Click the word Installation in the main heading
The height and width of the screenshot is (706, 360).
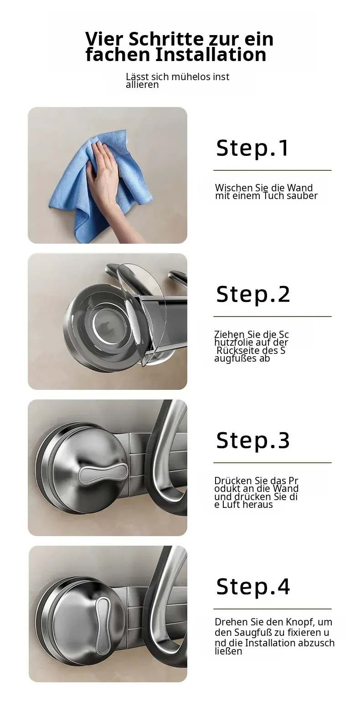[x=211, y=55]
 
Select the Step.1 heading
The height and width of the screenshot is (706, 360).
[x=252, y=148]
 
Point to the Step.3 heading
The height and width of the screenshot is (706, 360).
[x=253, y=440]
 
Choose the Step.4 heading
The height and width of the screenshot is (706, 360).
[x=253, y=586]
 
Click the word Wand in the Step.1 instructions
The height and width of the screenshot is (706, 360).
[x=300, y=188]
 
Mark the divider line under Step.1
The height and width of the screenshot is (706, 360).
[x=273, y=170]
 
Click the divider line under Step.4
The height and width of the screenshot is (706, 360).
[x=273, y=609]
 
